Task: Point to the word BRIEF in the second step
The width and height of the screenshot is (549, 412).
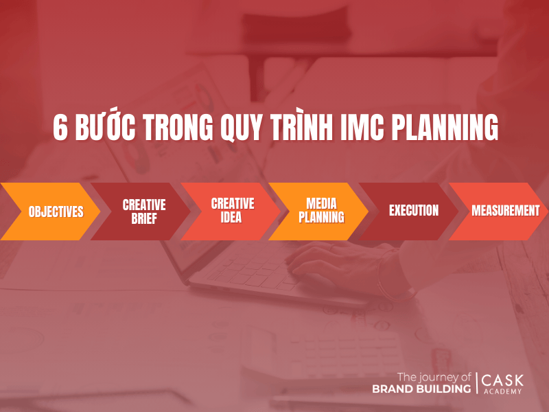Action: pos(144,218)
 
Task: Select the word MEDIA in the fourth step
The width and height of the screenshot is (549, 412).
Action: pos(321,204)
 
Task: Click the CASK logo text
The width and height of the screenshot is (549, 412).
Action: pos(503,380)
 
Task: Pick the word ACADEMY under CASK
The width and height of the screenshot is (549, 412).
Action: pos(503,391)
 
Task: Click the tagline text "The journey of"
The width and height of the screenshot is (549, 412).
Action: pos(434,376)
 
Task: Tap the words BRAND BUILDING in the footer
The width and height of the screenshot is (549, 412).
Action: pos(421,389)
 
